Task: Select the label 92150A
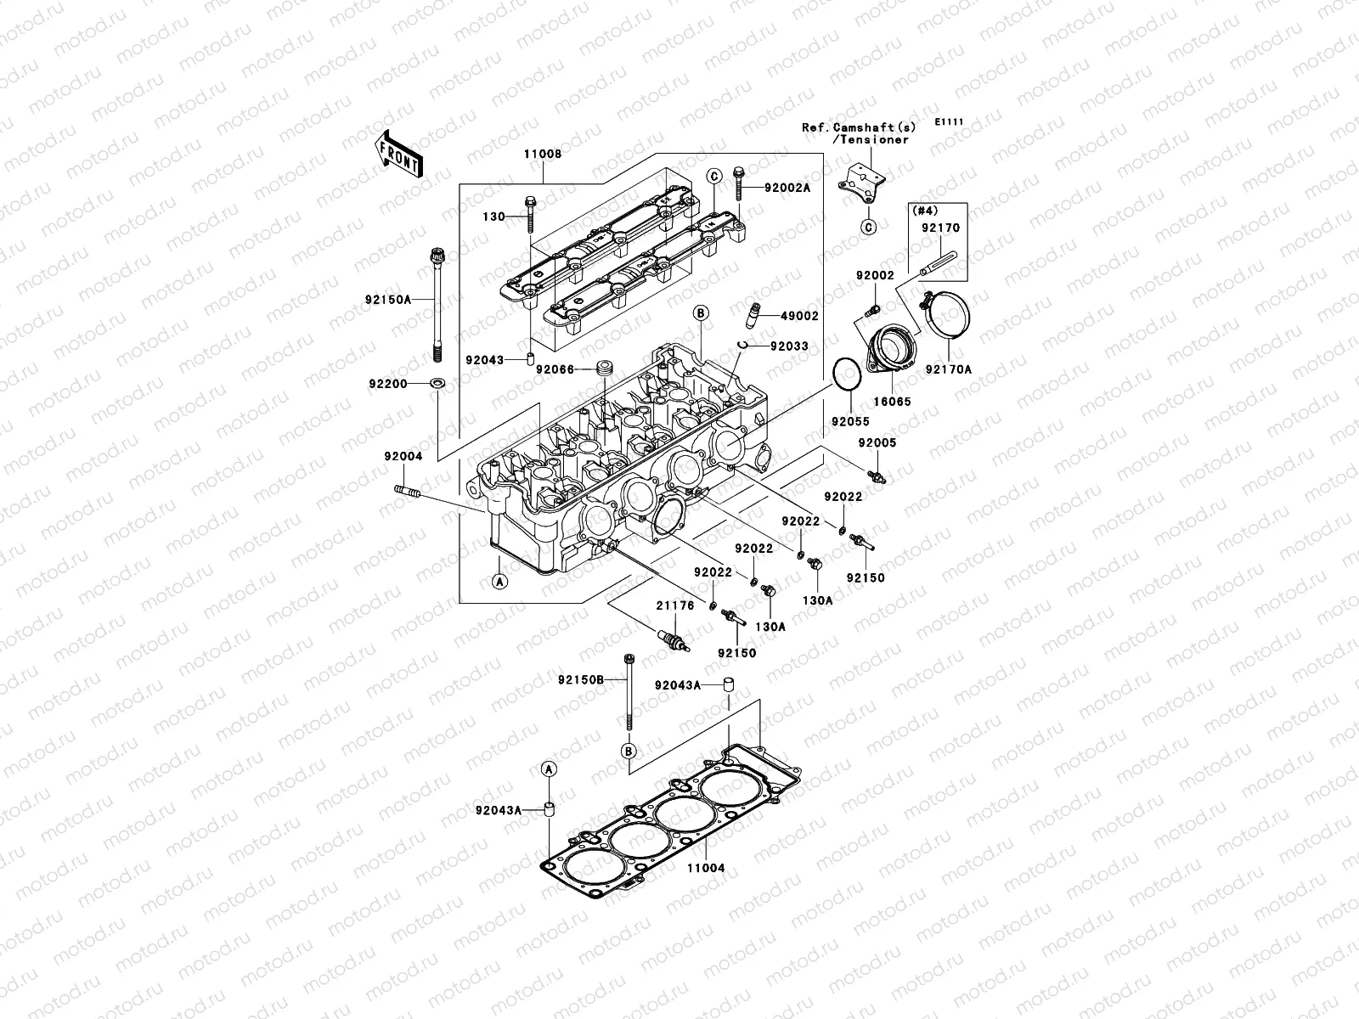389,300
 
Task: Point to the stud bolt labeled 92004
409,491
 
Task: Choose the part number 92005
877,443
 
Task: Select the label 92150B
581,680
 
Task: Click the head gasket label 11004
708,869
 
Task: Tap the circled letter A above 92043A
549,768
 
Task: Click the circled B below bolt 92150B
628,751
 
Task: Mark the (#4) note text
922,209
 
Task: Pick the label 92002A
787,188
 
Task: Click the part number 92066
555,369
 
